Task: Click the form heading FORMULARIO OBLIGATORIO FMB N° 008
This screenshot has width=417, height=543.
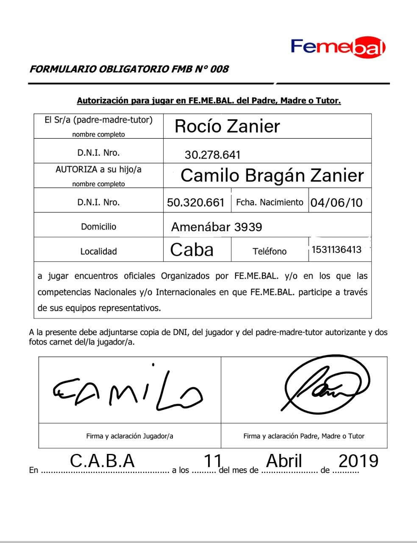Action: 129,69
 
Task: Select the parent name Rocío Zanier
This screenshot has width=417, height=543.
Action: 227,126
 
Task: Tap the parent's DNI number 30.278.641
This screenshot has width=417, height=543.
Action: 212,155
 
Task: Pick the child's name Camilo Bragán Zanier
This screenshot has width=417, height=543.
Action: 272,176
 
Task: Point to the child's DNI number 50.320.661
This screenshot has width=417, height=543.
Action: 195,202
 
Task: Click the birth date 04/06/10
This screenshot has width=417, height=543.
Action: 336,202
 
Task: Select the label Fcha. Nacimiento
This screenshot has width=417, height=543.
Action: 270,202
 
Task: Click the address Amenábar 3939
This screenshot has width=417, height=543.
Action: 217,227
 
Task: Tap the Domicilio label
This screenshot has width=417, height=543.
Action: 98,227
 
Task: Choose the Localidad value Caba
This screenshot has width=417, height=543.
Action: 192,250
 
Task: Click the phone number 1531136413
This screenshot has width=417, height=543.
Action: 336,249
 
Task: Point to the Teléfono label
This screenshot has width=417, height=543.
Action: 270,252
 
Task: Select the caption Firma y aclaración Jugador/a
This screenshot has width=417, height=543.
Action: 130,436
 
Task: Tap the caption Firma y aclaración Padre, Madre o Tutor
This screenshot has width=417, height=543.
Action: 304,436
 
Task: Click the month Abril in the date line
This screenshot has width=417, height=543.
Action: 284,461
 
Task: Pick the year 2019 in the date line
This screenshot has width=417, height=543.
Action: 358,461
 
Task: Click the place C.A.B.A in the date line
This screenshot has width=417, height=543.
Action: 102,461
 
